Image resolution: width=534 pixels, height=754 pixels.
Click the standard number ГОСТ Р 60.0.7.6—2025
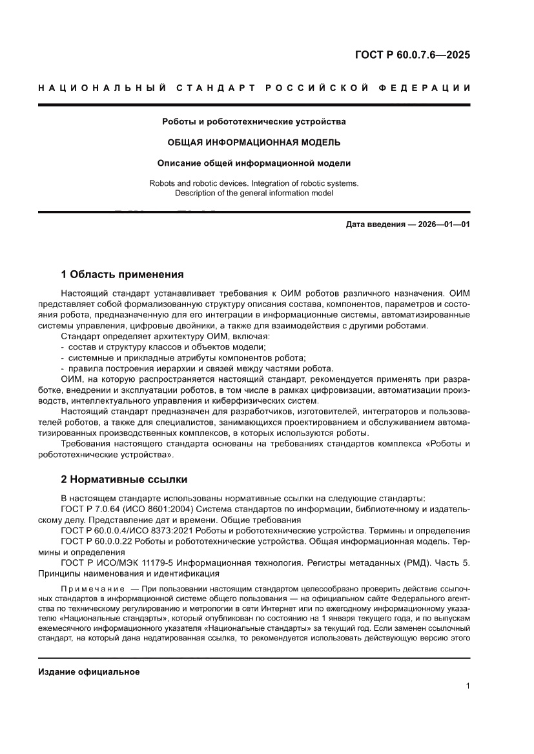coord(413,55)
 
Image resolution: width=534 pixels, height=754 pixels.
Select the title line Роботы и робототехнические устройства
coord(254,121)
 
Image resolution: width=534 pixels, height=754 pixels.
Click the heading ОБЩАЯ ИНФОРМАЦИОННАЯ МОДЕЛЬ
coord(254,142)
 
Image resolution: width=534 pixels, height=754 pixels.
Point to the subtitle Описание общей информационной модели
coord(254,163)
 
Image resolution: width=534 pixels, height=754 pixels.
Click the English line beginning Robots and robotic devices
coord(254,183)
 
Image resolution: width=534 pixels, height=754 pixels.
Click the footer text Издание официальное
coord(89,671)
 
